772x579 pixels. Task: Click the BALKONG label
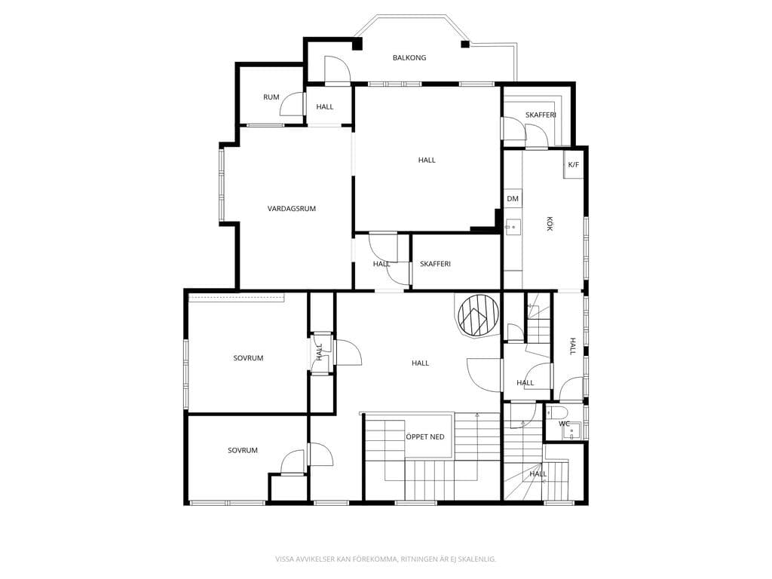(409, 57)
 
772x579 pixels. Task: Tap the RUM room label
(271, 97)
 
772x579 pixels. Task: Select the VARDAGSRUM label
(292, 208)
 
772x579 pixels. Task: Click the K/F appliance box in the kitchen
(574, 164)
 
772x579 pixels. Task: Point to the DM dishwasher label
(513, 198)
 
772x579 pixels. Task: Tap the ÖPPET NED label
(425, 437)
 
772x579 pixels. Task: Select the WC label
(564, 424)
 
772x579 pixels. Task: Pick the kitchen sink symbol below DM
(513, 227)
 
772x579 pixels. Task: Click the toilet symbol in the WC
(557, 411)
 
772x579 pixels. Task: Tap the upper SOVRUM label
(248, 358)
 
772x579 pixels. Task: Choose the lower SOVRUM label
(242, 450)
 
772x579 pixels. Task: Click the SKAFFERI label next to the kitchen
(541, 115)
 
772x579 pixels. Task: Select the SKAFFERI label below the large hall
(435, 263)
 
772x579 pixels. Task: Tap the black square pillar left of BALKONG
(357, 44)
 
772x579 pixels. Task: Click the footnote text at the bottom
(385, 559)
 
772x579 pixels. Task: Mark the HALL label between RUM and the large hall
(324, 106)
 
